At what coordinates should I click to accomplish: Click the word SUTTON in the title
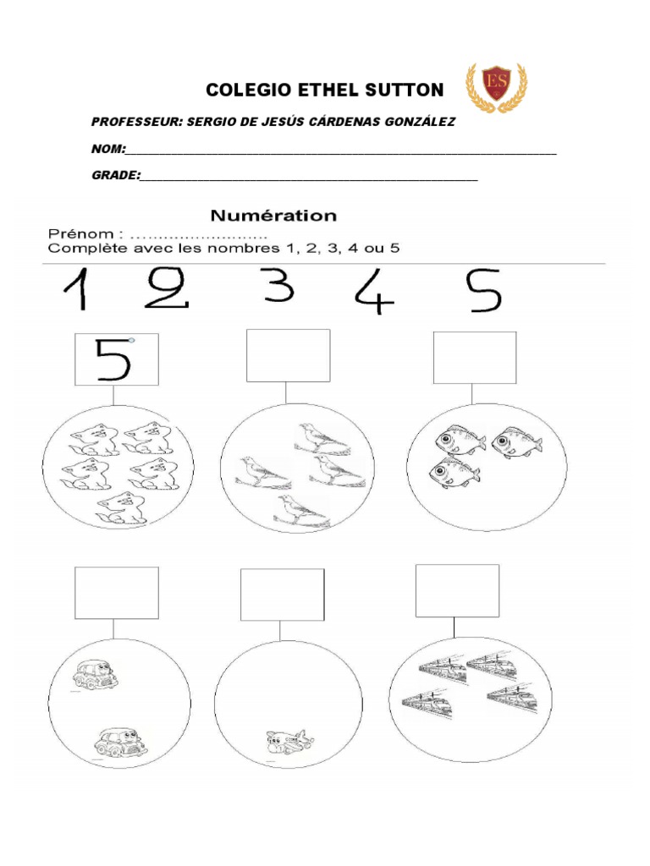(403, 90)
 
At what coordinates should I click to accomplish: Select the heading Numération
(273, 216)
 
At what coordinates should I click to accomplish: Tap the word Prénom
(80, 233)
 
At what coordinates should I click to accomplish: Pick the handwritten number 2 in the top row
(168, 290)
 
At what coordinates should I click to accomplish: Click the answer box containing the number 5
(116, 359)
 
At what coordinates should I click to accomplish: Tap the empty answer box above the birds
(288, 355)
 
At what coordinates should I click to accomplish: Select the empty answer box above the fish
(474, 358)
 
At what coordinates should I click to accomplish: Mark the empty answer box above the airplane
(282, 595)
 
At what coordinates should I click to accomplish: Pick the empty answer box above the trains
(457, 590)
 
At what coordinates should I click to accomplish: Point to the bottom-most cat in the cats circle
(120, 507)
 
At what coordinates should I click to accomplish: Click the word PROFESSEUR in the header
(135, 122)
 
